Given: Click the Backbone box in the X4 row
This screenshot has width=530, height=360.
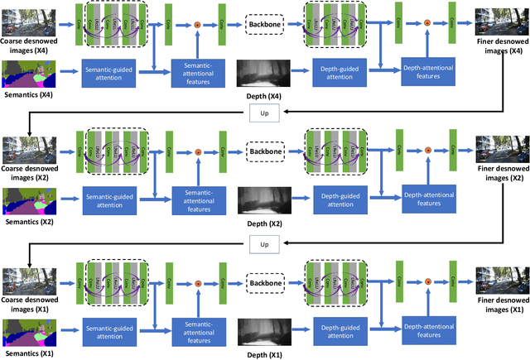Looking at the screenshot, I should pyautogui.click(x=265, y=26).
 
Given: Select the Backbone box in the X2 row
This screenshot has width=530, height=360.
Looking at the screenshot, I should pyautogui.click(x=265, y=151).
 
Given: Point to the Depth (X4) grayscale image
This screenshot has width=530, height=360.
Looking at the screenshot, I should pyautogui.click(x=263, y=75).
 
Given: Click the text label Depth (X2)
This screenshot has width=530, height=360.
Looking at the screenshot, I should pyautogui.click(x=263, y=224).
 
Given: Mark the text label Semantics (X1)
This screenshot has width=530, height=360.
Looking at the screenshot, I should pyautogui.click(x=28, y=353).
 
